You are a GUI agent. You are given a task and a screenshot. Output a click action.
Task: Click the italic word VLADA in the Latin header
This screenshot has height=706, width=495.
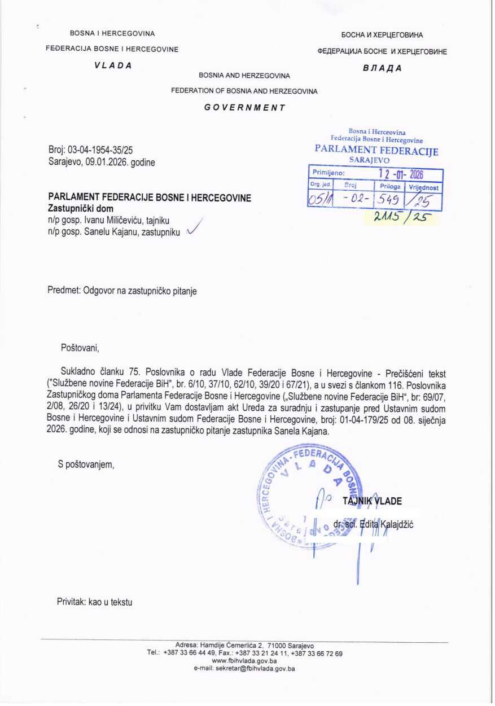pyautogui.click(x=113, y=65)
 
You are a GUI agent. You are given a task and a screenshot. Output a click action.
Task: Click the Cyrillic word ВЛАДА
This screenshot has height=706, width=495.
pyautogui.click(x=382, y=68)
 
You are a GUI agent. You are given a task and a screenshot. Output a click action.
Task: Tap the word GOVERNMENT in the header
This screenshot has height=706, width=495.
pyautogui.click(x=244, y=107)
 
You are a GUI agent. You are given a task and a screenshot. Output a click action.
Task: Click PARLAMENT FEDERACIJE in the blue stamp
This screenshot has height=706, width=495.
pyautogui.click(x=376, y=151)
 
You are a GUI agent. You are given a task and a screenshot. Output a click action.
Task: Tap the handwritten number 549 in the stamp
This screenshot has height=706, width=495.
pyautogui.click(x=390, y=198)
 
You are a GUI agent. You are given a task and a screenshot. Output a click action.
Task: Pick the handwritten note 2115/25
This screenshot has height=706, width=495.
pyautogui.click(x=399, y=217)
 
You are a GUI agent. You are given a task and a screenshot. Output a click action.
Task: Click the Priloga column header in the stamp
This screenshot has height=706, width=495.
pyautogui.click(x=390, y=186)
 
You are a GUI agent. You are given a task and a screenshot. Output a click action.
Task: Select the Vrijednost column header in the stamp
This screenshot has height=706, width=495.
pyautogui.click(x=424, y=186)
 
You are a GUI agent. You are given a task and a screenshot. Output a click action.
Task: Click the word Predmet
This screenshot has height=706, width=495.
pyautogui.click(x=64, y=291)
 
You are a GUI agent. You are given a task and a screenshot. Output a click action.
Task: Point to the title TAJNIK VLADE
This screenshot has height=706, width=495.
pyautogui.click(x=373, y=501)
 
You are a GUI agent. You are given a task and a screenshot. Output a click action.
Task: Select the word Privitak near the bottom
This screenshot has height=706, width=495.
pyautogui.click(x=71, y=602)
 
